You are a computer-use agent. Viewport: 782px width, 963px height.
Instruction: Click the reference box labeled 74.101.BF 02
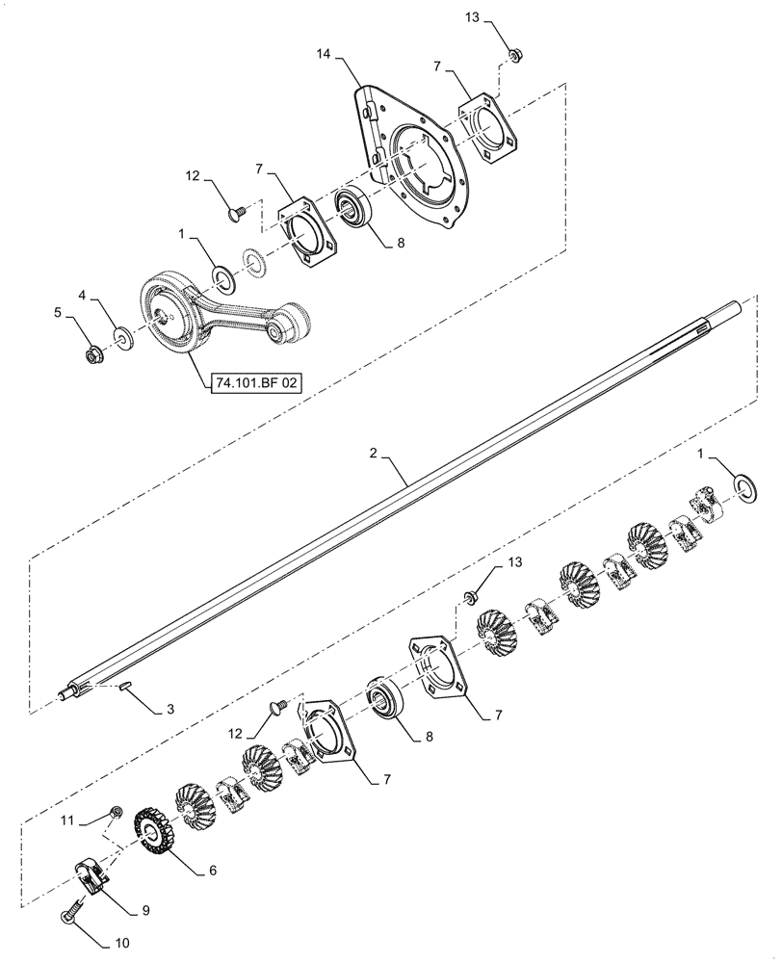(x=254, y=382)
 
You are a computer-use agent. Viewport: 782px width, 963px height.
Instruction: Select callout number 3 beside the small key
(x=169, y=710)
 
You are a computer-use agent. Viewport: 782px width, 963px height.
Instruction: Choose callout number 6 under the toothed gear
(x=212, y=870)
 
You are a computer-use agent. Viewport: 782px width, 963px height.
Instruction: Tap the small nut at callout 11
(x=116, y=815)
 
